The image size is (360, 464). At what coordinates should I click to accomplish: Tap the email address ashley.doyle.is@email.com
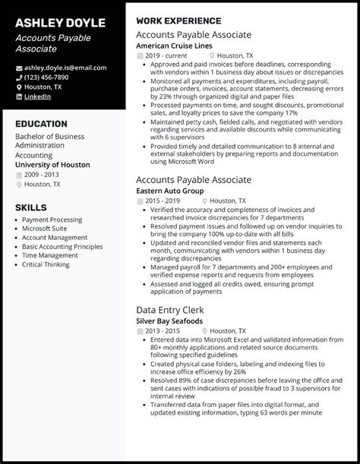[65, 68]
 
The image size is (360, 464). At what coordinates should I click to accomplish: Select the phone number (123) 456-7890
[46, 77]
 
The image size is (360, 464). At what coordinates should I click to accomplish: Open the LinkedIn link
[38, 96]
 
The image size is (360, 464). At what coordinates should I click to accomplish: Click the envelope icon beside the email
[19, 68]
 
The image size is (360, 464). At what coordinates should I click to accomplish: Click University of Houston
[52, 165]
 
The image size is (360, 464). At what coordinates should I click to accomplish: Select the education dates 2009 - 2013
[42, 174]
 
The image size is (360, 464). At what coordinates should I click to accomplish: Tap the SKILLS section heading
[31, 207]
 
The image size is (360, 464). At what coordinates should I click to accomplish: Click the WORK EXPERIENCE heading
[178, 21]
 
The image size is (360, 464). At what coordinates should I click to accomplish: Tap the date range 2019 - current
[167, 55]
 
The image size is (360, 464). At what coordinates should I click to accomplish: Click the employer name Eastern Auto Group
[172, 191]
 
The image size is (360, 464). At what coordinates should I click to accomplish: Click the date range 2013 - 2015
[163, 310]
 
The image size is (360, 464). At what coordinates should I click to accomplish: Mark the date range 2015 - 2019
[163, 200]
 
